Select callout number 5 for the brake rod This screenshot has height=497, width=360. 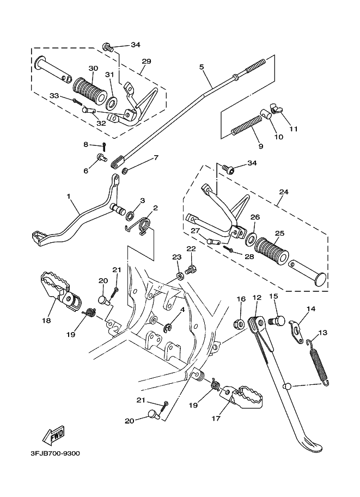(x=202, y=67)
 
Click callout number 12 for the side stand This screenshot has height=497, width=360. (x=257, y=298)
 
